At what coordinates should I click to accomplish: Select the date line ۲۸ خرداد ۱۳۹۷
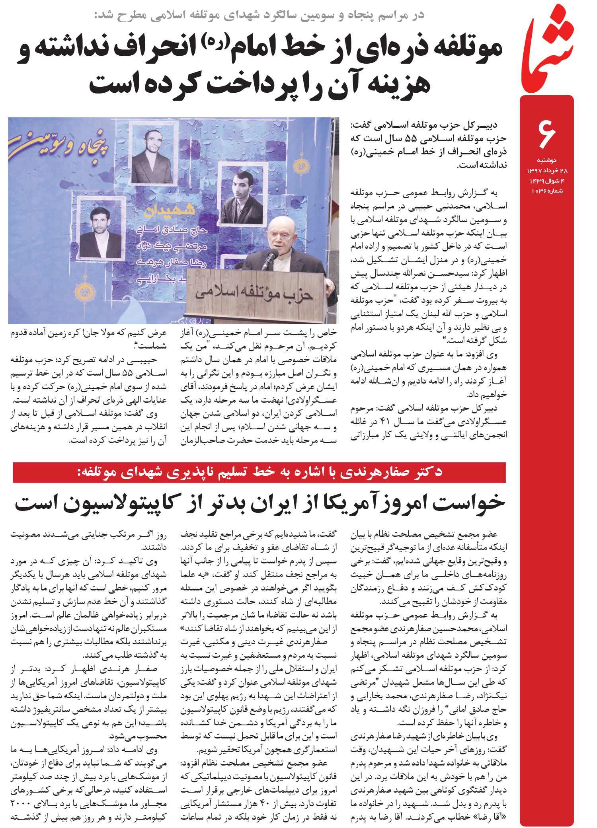pos(547,171)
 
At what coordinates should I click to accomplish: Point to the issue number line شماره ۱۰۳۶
pos(547,191)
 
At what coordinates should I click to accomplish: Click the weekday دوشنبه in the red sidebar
pos(547,160)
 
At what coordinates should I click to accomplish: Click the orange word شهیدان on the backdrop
pos(170,209)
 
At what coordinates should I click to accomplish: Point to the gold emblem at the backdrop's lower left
pos(84,293)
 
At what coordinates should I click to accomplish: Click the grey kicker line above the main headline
pos(259,15)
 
